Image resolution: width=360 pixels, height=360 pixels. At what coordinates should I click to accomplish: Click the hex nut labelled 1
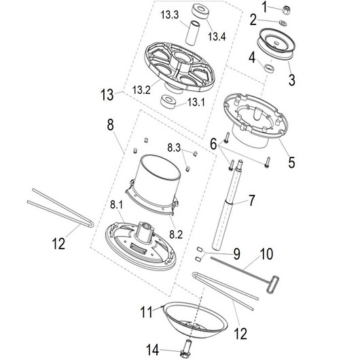286,10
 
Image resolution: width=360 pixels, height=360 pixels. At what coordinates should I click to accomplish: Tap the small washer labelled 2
283,22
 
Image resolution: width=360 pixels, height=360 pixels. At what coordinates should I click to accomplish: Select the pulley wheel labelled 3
276,44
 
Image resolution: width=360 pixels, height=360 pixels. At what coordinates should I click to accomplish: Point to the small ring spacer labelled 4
269,69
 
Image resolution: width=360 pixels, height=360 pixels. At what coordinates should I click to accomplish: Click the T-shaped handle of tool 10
272,285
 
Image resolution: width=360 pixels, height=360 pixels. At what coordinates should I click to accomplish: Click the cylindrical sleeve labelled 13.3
192,32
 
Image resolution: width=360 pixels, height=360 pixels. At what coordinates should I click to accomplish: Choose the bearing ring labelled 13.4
200,11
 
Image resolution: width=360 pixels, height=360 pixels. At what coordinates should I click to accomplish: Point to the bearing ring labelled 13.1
169,101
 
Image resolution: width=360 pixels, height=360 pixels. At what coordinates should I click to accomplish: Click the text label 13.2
141,90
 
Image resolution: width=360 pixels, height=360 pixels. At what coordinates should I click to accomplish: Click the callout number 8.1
116,204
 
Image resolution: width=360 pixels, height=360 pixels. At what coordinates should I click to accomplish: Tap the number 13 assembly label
107,94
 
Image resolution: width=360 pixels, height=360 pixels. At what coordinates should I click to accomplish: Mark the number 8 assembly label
111,125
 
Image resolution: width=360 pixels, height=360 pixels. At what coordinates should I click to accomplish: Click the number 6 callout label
213,144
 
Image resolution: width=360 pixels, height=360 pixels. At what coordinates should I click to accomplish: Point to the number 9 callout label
236,254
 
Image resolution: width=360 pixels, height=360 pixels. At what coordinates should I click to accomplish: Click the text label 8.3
174,147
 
